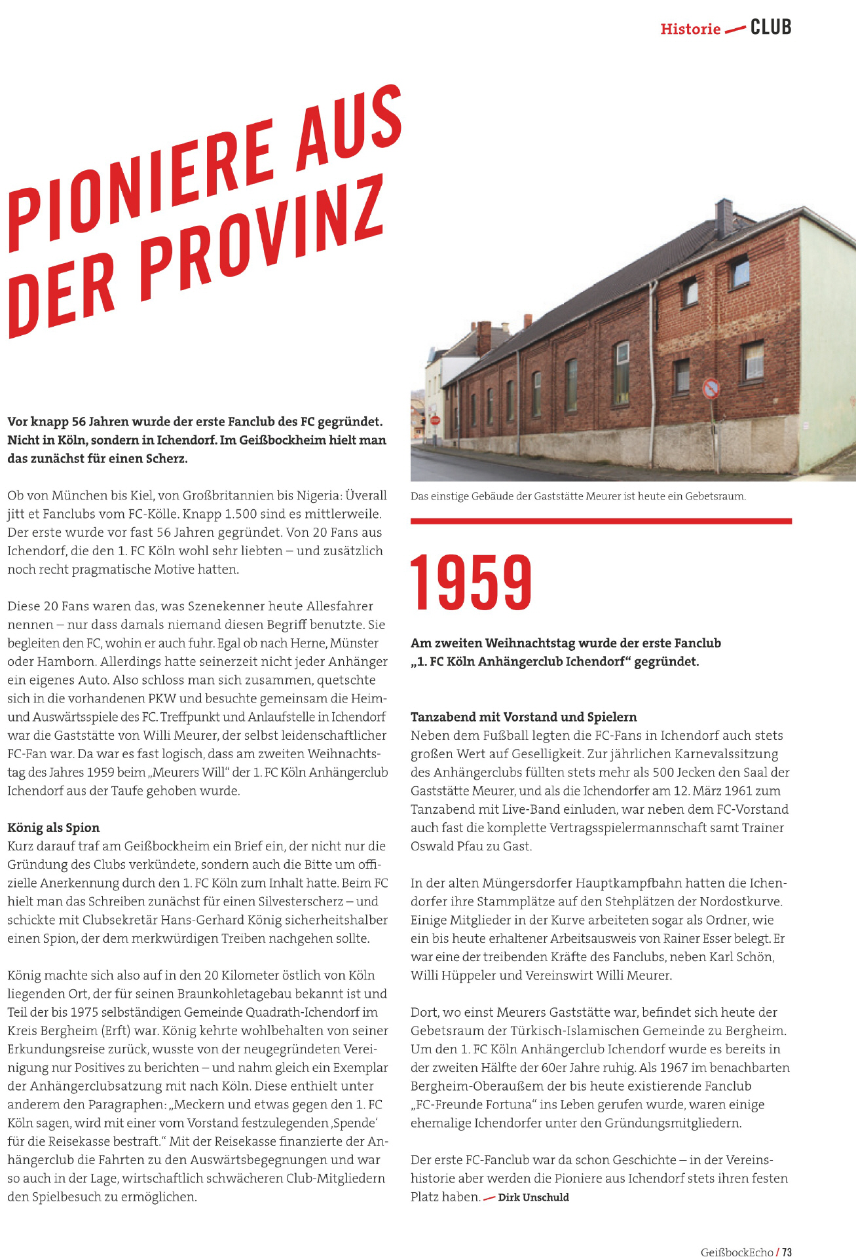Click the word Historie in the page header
point(690,29)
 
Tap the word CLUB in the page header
point(771,27)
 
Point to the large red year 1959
point(471,582)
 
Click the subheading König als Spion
point(54,828)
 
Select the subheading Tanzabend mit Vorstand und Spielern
point(523,717)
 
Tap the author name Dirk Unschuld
point(533,1197)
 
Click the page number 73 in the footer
point(787,1252)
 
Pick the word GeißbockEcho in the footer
point(737,1252)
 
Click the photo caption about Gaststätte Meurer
point(578,496)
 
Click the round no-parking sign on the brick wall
point(711,389)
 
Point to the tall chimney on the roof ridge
point(724,218)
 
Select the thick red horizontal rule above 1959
point(601,521)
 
